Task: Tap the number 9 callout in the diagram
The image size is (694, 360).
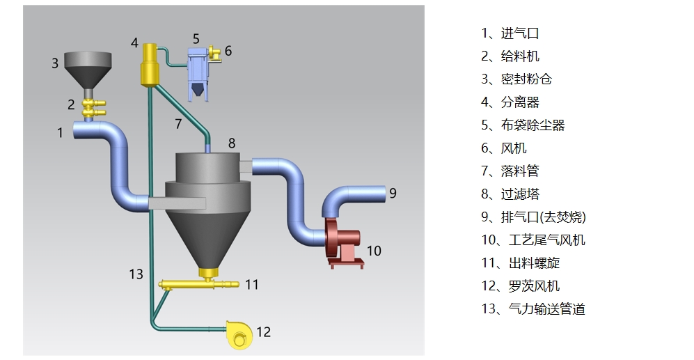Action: tap(393, 193)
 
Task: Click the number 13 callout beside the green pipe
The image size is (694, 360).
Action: tap(136, 274)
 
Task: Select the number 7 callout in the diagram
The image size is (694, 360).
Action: tap(178, 124)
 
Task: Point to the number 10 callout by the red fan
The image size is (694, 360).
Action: tap(374, 251)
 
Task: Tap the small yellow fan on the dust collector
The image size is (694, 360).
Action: tap(214, 51)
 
